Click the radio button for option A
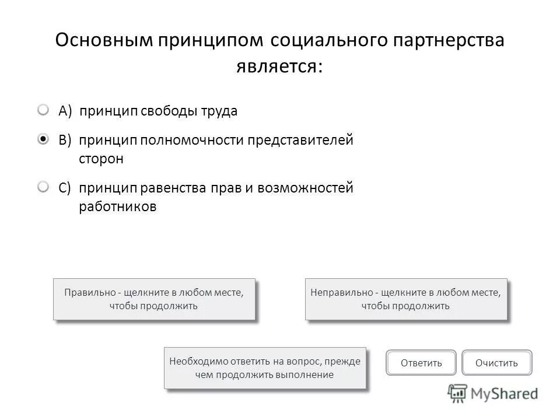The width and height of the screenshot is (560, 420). click(x=44, y=110)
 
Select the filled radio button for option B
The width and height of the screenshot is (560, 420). click(x=44, y=139)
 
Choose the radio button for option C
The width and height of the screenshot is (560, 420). click(x=44, y=187)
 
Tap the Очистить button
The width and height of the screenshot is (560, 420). click(x=496, y=363)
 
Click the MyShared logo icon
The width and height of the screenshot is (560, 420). click(x=457, y=394)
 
